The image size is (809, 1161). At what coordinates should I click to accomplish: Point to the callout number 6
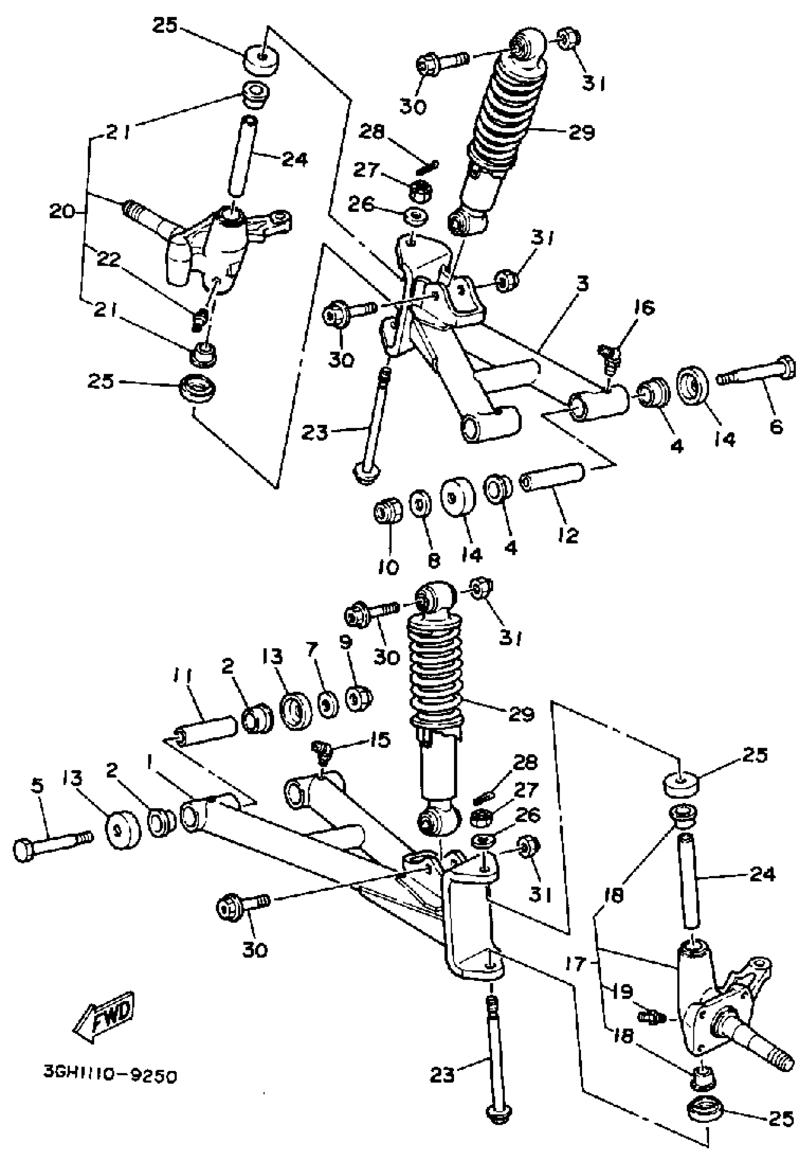coord(776,426)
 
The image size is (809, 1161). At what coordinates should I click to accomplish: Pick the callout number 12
coord(569,535)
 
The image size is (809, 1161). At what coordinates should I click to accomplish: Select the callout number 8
coord(434,560)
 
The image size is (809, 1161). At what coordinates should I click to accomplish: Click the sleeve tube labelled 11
coord(206,730)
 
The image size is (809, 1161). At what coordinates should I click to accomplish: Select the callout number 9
coord(345,643)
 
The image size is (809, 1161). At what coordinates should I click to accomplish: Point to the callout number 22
coord(109,259)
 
